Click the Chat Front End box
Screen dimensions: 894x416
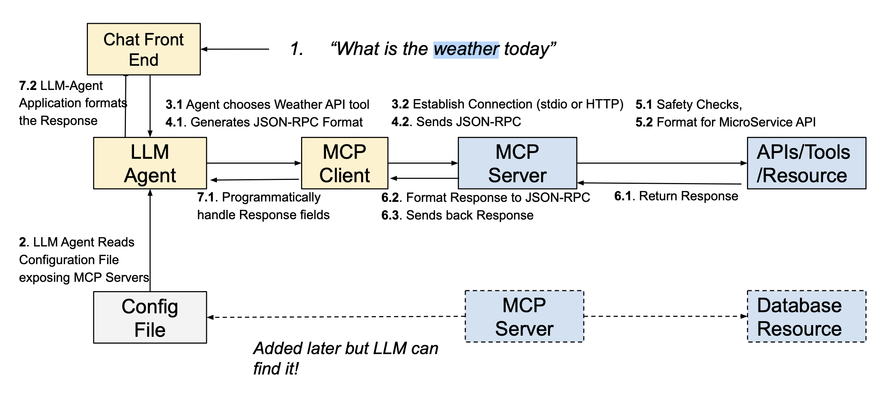[144, 49]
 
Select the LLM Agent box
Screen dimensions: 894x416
[150, 163]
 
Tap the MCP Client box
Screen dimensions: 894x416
[344, 163]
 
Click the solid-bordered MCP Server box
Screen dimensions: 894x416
[517, 163]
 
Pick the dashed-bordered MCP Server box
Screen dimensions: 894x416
[524, 316]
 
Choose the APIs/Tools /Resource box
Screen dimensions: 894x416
[806, 163]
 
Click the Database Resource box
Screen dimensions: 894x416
[806, 316]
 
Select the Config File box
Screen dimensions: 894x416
[150, 317]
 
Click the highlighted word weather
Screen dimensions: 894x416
[466, 49]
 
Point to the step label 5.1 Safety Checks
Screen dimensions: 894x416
[689, 105]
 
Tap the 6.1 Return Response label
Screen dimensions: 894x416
[676, 196]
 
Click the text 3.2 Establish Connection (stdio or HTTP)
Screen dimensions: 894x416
[507, 104]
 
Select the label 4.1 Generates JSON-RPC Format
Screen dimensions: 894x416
[264, 122]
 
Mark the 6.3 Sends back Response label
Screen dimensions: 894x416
[457, 215]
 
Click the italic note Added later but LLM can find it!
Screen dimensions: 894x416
[346, 358]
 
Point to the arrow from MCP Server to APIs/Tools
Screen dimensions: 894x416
[662, 163]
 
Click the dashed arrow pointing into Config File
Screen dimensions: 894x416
[336, 317]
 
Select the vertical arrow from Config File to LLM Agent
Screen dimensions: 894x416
[150, 240]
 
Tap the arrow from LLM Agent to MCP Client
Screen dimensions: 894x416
[254, 163]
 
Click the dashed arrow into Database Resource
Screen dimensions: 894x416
[666, 316]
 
